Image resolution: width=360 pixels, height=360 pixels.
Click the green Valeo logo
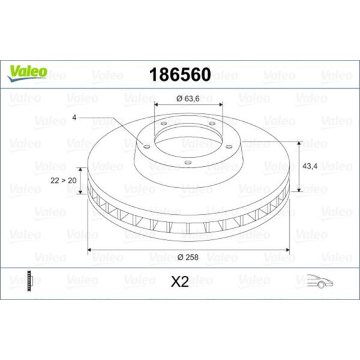click(x=26, y=71)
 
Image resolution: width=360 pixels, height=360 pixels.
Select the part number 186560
click(x=179, y=75)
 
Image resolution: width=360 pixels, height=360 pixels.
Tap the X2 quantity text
click(x=179, y=281)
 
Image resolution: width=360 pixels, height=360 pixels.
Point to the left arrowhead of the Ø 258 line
click(x=90, y=248)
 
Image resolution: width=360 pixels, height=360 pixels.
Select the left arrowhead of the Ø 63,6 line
click(x=157, y=105)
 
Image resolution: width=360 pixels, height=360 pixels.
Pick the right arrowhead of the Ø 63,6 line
click(x=221, y=105)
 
